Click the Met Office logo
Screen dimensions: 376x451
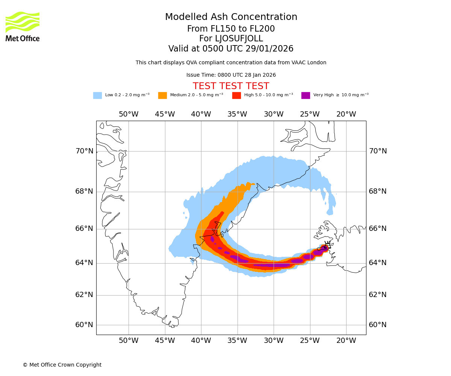(23, 26)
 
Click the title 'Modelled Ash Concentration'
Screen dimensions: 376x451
(231, 17)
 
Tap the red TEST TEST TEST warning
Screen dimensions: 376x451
(231, 86)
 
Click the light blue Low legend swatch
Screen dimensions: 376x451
(97, 96)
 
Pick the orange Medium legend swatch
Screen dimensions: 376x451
(162, 96)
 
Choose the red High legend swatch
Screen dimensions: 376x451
(236, 96)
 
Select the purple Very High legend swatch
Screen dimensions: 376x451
(306, 96)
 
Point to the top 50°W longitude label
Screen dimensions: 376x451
(129, 114)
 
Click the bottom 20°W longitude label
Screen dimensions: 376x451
(346, 341)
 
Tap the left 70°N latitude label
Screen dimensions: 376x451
(84, 151)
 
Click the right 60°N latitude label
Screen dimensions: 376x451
(377, 325)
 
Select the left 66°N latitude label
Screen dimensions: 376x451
(84, 229)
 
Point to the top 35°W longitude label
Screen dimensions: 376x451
(237, 114)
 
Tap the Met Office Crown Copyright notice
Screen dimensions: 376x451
(62, 365)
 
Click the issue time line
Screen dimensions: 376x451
(231, 75)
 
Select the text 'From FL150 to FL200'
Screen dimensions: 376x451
(231, 29)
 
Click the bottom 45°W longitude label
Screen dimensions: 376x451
(165, 341)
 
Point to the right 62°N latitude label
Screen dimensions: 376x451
(377, 295)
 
